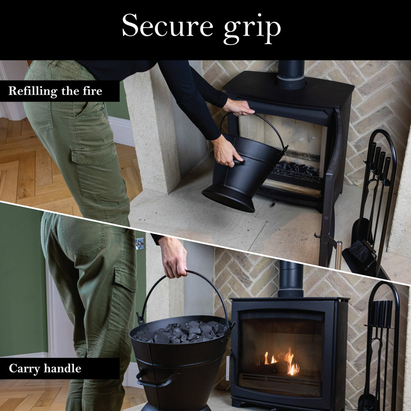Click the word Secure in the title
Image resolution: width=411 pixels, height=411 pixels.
pos(167,25)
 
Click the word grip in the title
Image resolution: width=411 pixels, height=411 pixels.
pos(252,29)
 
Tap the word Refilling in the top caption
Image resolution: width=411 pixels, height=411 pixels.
pos(33,91)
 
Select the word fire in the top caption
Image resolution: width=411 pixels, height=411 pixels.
pos(92,91)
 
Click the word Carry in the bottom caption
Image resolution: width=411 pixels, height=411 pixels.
pos(24,369)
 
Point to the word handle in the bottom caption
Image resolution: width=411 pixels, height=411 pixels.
pos(62,368)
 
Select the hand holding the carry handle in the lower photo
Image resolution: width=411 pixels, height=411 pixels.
pos(173,257)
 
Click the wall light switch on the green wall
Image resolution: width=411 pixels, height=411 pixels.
pos(140,244)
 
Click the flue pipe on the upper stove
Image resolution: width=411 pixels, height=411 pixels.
pos(291,75)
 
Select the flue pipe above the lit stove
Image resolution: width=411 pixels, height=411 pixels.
pos(291,279)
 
